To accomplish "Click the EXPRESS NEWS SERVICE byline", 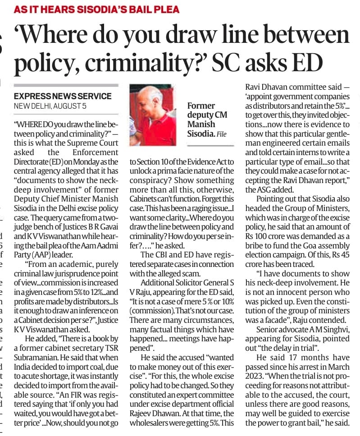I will (63, 96).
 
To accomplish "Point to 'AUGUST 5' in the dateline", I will (70, 106).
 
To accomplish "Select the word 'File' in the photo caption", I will (222, 134).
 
